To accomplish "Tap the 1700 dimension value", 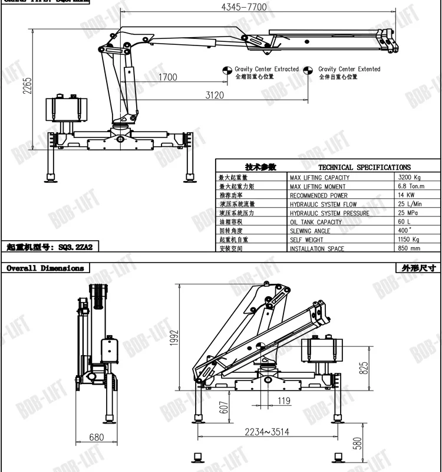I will click(x=167, y=77).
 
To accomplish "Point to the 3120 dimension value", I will click(x=215, y=95).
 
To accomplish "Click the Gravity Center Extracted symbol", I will click(x=226, y=71).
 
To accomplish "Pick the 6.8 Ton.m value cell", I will click(x=411, y=186).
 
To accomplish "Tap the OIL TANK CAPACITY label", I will click(x=315, y=222).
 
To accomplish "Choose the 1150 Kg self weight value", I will click(x=408, y=240).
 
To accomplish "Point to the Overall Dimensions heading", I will click(x=45, y=268).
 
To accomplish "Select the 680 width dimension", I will click(x=97, y=437).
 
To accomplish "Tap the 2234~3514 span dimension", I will click(x=268, y=432).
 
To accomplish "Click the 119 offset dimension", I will click(x=284, y=402).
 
